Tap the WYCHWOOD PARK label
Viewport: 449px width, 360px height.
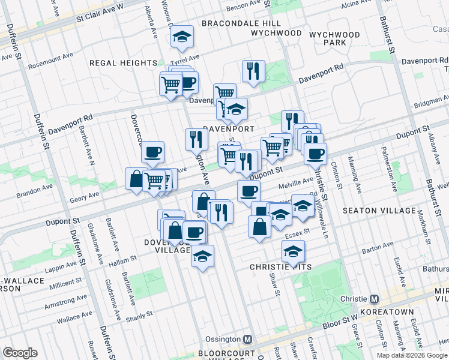(x=334, y=39)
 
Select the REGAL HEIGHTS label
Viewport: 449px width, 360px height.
(x=123, y=63)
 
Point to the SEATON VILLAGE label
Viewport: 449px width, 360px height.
(x=379, y=211)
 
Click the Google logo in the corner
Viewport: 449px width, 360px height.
(x=20, y=353)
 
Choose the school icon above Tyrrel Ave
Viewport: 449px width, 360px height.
(x=181, y=37)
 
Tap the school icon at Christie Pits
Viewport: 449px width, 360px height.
(x=293, y=252)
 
